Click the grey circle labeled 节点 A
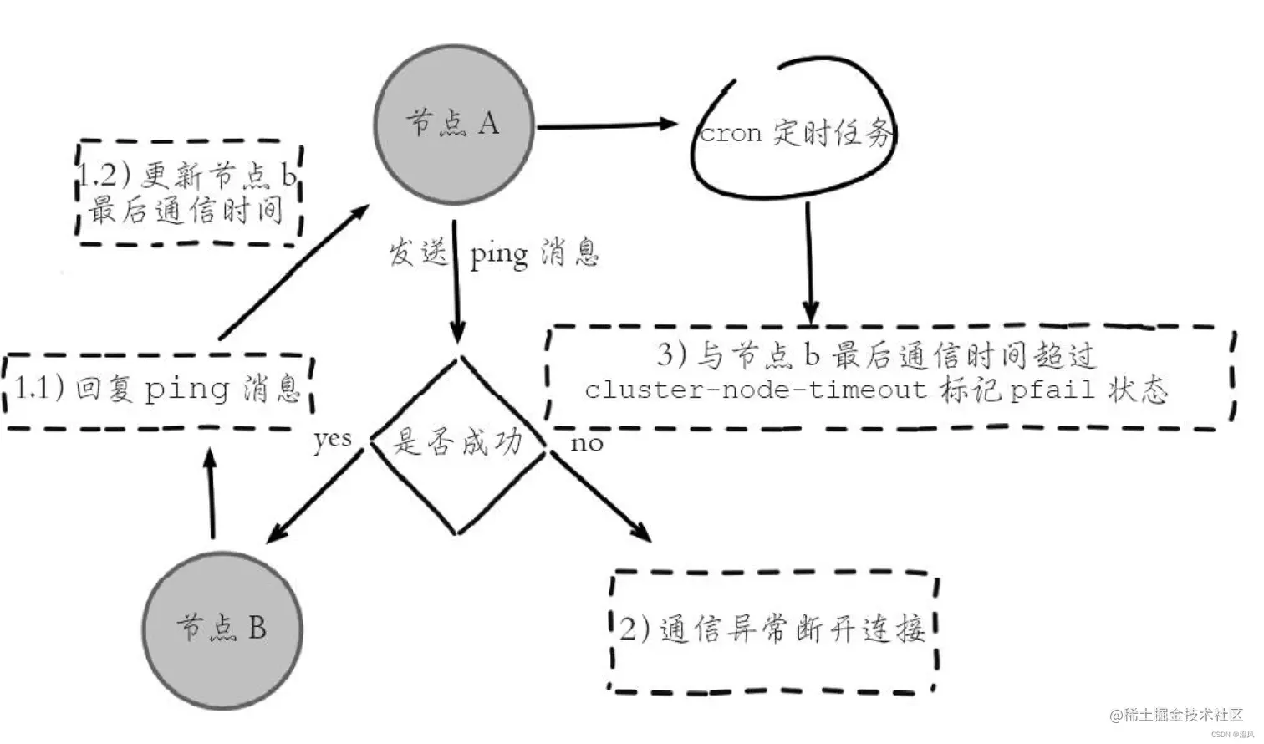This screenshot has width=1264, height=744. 454,124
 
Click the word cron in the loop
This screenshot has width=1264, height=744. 731,134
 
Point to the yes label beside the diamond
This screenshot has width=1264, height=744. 332,439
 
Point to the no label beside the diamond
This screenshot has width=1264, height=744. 586,443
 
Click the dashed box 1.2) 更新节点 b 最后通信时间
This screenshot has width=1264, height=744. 189,192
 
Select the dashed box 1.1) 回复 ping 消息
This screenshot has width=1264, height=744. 159,390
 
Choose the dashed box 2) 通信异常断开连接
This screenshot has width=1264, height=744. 772,631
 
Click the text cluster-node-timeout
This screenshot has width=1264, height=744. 756,390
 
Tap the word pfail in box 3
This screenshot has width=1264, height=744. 1051,390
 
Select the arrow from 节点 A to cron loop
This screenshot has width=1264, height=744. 606,125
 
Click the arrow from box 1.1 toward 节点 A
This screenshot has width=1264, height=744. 293,271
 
